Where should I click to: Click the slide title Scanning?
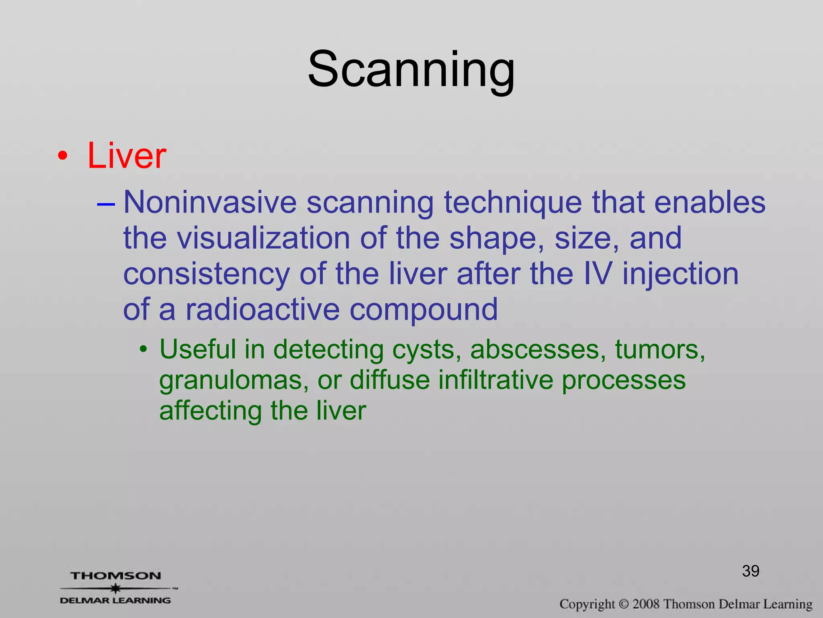click(411, 69)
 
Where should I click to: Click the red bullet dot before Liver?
click(62, 156)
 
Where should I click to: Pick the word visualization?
click(264, 238)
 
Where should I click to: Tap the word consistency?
click(206, 274)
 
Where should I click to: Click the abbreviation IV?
click(598, 274)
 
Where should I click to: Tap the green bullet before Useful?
click(143, 349)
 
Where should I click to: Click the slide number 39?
click(750, 571)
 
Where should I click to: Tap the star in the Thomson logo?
click(116, 588)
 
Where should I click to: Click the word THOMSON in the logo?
click(116, 576)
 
